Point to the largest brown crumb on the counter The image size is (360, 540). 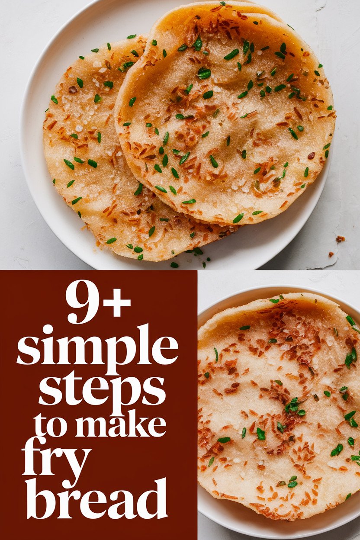pyautogui.click(x=340, y=239)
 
